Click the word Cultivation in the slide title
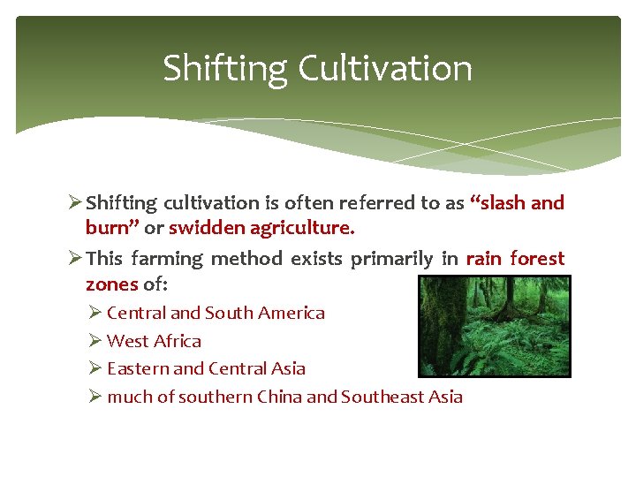(x=385, y=68)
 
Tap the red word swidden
(x=208, y=228)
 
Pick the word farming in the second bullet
(x=169, y=260)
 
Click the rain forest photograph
(x=494, y=326)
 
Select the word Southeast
(x=383, y=397)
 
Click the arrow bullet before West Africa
(x=95, y=340)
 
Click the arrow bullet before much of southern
(x=95, y=396)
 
